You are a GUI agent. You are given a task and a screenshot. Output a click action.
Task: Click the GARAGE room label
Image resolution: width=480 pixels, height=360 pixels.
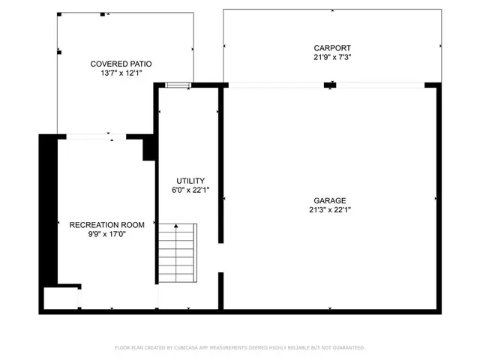click(x=330, y=200)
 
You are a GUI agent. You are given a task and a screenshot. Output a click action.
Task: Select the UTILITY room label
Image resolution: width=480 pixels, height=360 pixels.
click(x=190, y=181)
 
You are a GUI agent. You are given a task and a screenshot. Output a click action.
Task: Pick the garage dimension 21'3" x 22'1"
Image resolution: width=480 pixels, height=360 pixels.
click(x=330, y=210)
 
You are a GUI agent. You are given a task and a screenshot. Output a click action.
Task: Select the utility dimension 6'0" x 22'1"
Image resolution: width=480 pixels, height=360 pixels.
click(x=190, y=190)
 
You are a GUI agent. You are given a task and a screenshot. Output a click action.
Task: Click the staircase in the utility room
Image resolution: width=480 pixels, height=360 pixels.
click(x=177, y=253)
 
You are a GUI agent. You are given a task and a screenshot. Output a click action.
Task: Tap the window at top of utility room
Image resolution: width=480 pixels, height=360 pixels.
click(x=178, y=85)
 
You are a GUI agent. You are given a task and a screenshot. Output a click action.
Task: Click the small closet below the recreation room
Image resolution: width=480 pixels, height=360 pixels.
click(x=61, y=298)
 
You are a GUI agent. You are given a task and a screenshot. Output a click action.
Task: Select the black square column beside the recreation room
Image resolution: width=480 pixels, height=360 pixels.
click(x=148, y=148)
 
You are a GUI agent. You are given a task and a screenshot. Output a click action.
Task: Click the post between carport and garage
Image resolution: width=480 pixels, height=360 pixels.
click(x=328, y=85)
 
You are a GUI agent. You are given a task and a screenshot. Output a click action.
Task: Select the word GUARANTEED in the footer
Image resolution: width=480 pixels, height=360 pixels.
click(x=344, y=348)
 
